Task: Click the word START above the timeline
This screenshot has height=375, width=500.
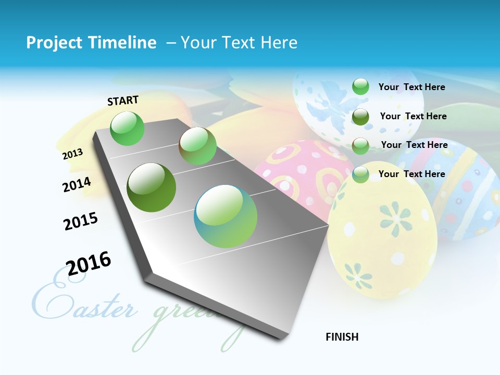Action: [x=123, y=101]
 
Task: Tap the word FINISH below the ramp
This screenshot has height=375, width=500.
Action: [x=342, y=337]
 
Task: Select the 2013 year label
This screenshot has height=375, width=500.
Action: [x=72, y=154]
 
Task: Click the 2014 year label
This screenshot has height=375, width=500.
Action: [x=77, y=184]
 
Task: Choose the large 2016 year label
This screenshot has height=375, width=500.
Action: [x=89, y=264]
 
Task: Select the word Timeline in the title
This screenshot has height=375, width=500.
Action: [x=123, y=43]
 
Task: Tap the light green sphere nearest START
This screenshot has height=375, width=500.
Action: [x=127, y=128]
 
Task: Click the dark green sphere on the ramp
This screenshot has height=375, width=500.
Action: [x=151, y=187]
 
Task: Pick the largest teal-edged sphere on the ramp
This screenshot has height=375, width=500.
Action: [x=226, y=216]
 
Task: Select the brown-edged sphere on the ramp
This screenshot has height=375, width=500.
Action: [x=197, y=146]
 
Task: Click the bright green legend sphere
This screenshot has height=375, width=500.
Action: [x=360, y=86]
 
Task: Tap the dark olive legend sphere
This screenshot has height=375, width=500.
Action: [x=360, y=117]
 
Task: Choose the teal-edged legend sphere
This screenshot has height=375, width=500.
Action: [x=360, y=174]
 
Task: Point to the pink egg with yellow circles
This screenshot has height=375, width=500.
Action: [x=297, y=172]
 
